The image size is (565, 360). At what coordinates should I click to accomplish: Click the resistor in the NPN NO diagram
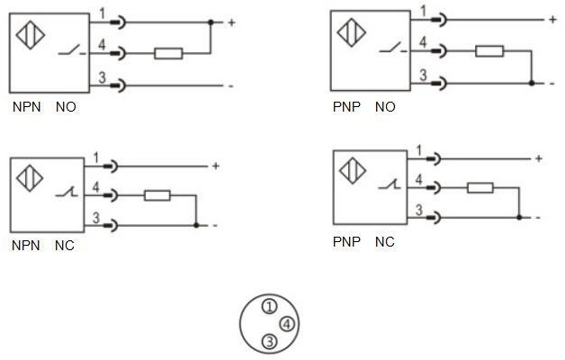coord(168,54)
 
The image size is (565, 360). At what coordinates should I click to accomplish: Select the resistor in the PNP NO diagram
coord(489,51)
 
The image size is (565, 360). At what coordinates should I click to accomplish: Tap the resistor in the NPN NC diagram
coord(157,195)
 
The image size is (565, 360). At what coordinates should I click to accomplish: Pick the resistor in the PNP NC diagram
coord(480,188)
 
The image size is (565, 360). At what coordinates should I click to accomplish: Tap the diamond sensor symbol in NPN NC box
coord(30,177)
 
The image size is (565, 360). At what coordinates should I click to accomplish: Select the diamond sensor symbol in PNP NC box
coord(349,171)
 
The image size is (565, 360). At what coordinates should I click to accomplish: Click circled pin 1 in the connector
coord(268,308)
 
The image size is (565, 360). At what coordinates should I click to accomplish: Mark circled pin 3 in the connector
coord(268,341)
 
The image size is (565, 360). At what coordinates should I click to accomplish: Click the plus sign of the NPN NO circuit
coord(231,22)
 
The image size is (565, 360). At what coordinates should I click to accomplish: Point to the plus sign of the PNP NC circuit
coord(538,158)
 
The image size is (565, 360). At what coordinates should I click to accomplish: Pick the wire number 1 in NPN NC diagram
coord(94,157)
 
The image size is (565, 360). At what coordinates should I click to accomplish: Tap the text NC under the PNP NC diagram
coord(384,242)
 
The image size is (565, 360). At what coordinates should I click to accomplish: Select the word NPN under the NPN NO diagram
coord(25,107)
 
